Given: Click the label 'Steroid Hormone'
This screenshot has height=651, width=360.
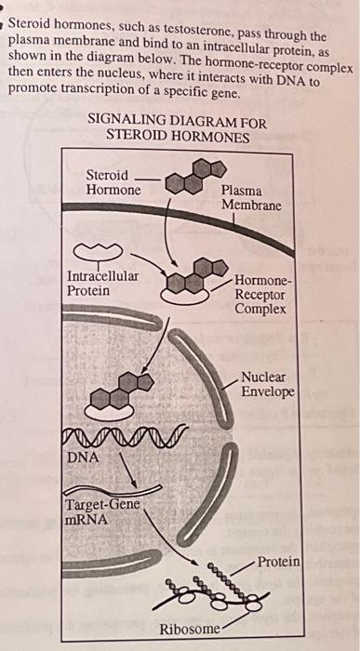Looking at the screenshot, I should [x=113, y=182].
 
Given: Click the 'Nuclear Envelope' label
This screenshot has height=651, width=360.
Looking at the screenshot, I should [x=267, y=385].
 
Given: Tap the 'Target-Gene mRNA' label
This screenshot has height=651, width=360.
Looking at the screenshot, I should [x=102, y=511].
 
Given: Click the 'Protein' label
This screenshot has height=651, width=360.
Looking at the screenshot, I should [x=278, y=562].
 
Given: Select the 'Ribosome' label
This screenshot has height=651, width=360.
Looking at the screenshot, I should [x=191, y=630].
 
